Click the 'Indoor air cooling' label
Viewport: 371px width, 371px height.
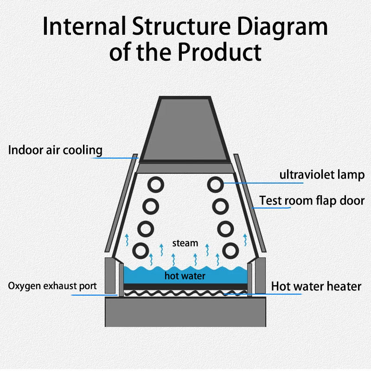click(55, 150)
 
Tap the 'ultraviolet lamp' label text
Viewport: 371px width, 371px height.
click(322, 175)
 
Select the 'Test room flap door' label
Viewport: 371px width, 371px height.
click(312, 201)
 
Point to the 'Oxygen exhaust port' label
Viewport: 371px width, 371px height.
click(52, 286)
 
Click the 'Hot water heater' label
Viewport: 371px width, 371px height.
click(316, 286)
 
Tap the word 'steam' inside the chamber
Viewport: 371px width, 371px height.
click(185, 243)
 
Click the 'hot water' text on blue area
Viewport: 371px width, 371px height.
click(185, 276)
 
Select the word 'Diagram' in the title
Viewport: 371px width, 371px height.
click(282, 27)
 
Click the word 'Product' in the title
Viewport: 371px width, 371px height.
click(219, 52)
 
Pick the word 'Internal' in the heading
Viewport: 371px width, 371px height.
click(84, 26)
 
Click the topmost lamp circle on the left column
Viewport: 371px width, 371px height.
click(156, 184)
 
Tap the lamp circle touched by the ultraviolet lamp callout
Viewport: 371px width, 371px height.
click(215, 184)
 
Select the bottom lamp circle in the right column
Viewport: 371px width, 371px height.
click(230, 250)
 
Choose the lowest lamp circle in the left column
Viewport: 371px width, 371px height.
click(141, 250)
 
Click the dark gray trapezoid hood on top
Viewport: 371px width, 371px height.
click(185, 130)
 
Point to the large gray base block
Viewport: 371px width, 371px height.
click(185, 312)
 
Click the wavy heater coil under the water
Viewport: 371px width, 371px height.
click(185, 294)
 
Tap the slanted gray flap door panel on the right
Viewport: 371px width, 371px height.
click(249, 203)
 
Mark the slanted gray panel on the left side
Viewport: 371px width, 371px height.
click(121, 203)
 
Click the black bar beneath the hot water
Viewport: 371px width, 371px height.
click(185, 287)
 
